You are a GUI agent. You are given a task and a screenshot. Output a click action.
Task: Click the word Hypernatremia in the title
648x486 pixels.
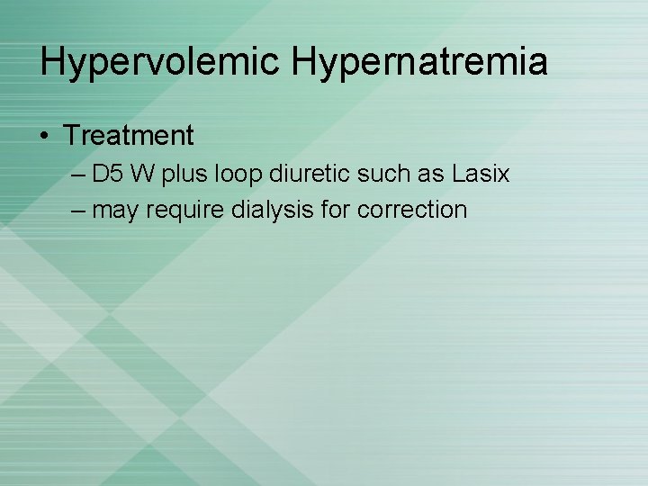[418, 62]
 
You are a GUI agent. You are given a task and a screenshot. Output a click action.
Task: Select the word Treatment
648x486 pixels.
[129, 136]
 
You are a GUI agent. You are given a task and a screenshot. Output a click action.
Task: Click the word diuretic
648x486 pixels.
[297, 174]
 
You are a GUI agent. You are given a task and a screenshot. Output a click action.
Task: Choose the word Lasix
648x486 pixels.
[481, 174]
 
